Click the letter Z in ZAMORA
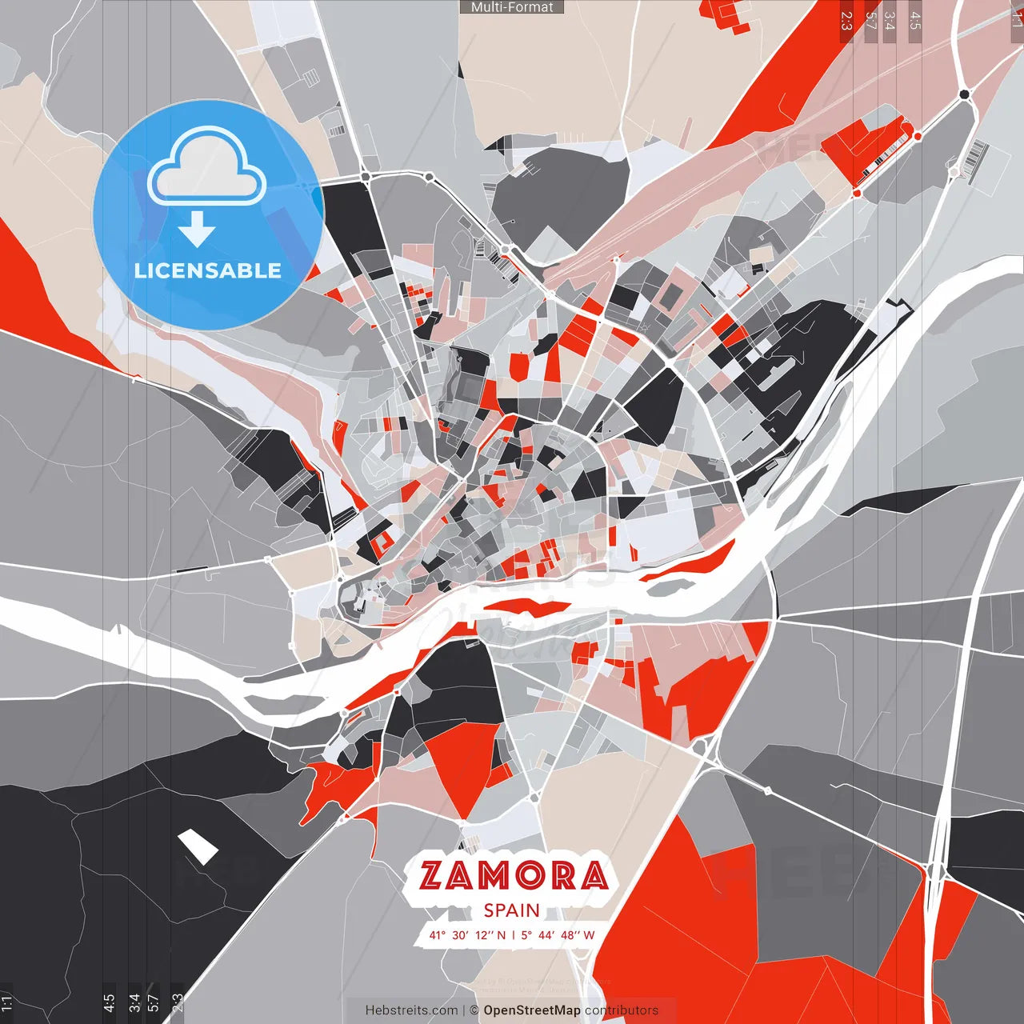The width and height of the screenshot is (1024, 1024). pyautogui.click(x=431, y=875)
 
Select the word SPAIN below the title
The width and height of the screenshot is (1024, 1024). pyautogui.click(x=511, y=910)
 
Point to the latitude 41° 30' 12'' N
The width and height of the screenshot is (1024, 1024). pyautogui.click(x=467, y=934)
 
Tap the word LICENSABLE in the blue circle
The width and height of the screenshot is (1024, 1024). pyautogui.click(x=208, y=270)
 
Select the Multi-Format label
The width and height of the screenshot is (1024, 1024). pyautogui.click(x=512, y=7)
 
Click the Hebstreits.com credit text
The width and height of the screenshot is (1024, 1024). pyautogui.click(x=411, y=1010)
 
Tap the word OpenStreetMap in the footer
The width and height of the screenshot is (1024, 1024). pyautogui.click(x=531, y=1010)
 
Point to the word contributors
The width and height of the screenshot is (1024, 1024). pyautogui.click(x=622, y=1010)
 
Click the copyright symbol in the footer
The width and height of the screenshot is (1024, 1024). pyautogui.click(x=474, y=1010)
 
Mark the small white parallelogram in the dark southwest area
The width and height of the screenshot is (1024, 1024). pyautogui.click(x=198, y=846)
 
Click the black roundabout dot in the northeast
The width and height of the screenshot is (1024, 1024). pyautogui.click(x=964, y=94)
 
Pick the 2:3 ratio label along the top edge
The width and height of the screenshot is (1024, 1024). pyautogui.click(x=846, y=21)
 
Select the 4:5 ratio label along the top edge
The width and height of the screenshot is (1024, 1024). pyautogui.click(x=915, y=21)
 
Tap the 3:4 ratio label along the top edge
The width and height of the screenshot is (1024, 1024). pyautogui.click(x=890, y=21)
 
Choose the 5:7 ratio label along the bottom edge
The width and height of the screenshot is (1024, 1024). pyautogui.click(x=154, y=1004)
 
